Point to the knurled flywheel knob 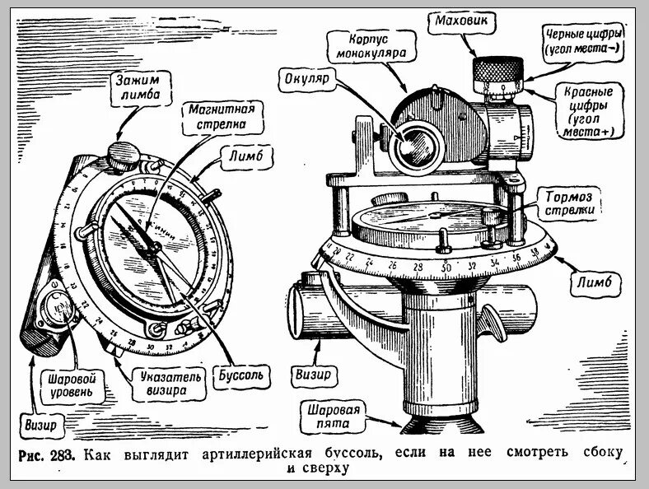498,72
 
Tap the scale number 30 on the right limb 446,268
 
